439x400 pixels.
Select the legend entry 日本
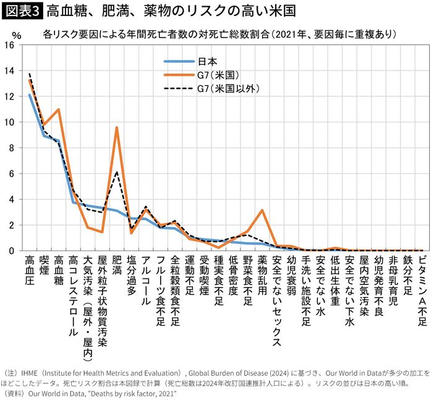click(x=207, y=61)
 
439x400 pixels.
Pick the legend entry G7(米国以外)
click(x=225, y=88)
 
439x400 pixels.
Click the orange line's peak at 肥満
click(x=116, y=127)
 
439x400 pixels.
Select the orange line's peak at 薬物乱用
click(x=262, y=210)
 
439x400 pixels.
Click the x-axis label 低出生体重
click(x=335, y=278)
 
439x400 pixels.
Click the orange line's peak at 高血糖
click(x=58, y=110)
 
